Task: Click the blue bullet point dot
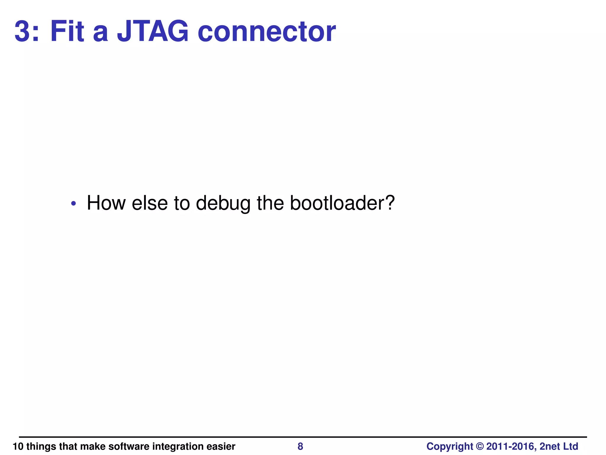pyautogui.click(x=74, y=204)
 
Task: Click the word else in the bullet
pyautogui.click(x=150, y=203)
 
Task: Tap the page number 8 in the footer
pyautogui.click(x=300, y=446)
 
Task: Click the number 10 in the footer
pyautogui.click(x=18, y=446)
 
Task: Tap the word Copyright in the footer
pyautogui.click(x=450, y=446)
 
